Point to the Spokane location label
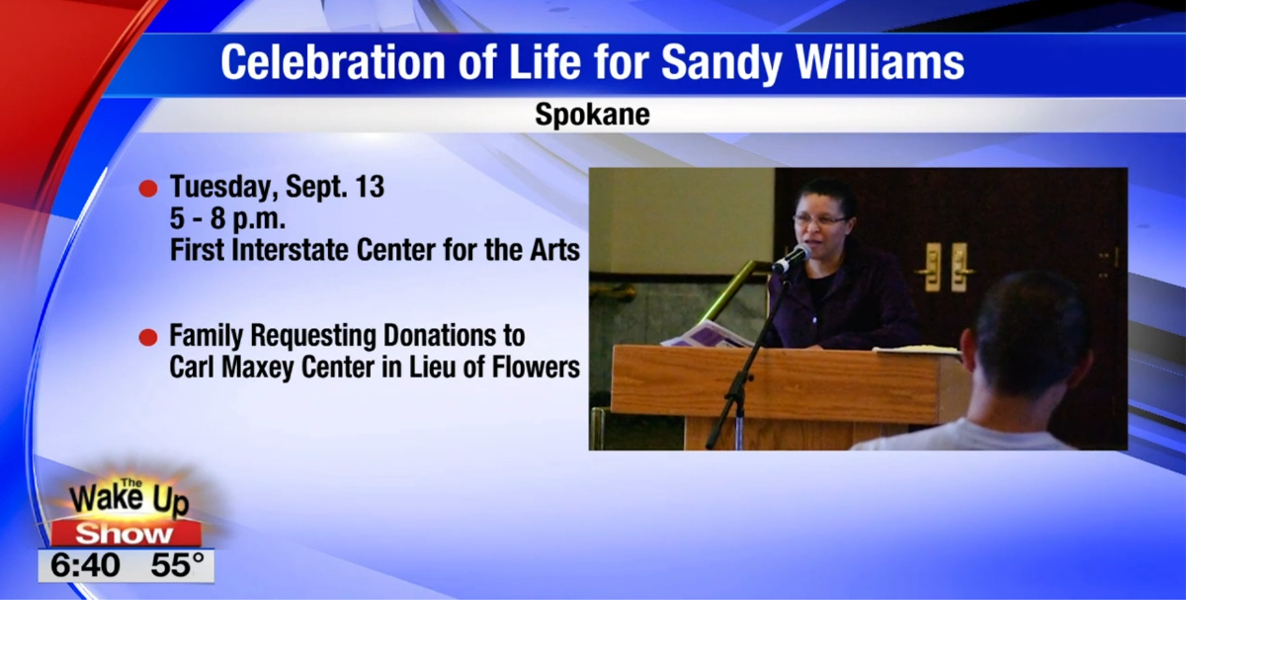click(x=592, y=115)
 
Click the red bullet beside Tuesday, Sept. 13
click(x=148, y=189)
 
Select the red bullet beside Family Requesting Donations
click(x=148, y=338)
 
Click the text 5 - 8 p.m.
click(x=227, y=218)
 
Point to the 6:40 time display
click(x=85, y=566)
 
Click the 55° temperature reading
click(x=177, y=566)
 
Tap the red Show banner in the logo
click(x=126, y=535)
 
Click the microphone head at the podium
click(x=792, y=259)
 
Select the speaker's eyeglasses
click(x=818, y=219)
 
